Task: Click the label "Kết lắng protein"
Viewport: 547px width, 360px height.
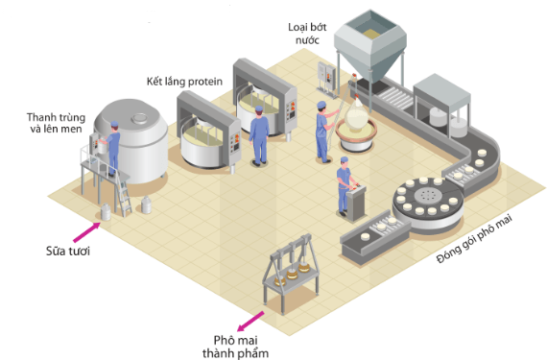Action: click(185, 82)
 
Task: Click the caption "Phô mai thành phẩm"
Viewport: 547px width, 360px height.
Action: click(240, 346)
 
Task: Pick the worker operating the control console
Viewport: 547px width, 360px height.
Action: click(343, 187)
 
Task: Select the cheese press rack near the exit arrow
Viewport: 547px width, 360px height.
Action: click(286, 278)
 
